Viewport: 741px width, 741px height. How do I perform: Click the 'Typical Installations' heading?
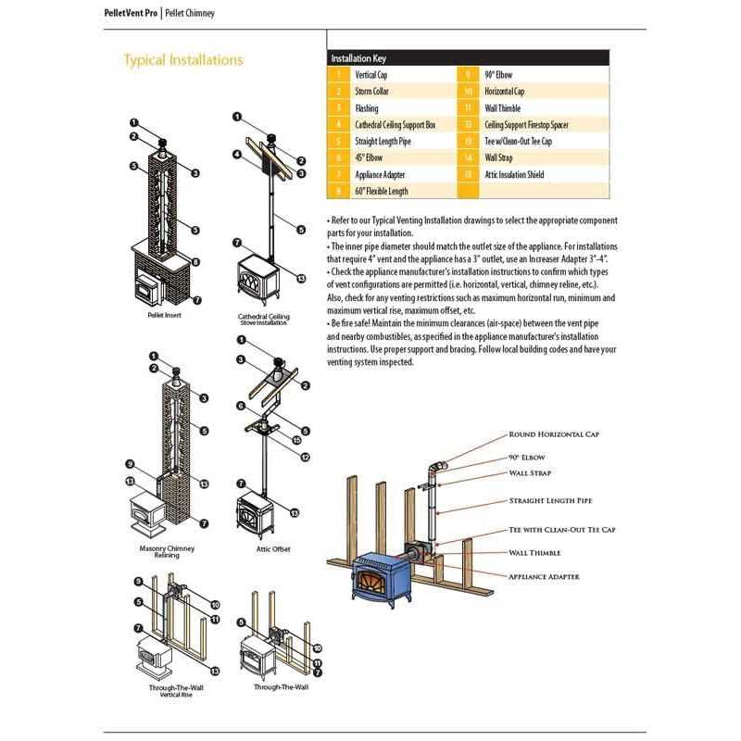(x=183, y=60)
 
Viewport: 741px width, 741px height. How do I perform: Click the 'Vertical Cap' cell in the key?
(x=372, y=75)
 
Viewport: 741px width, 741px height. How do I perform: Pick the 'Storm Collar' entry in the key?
(x=374, y=92)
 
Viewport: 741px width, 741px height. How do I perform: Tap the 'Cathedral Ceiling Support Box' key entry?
(x=395, y=125)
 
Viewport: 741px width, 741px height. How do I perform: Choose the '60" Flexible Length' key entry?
(x=382, y=192)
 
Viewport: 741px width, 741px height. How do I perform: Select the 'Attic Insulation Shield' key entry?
(x=514, y=175)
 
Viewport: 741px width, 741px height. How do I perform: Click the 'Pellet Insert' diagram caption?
(x=163, y=316)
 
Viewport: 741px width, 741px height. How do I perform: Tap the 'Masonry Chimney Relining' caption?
(x=167, y=552)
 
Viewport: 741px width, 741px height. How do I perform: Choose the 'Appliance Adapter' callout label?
(x=544, y=576)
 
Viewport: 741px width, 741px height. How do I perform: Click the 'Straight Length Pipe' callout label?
(x=549, y=501)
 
